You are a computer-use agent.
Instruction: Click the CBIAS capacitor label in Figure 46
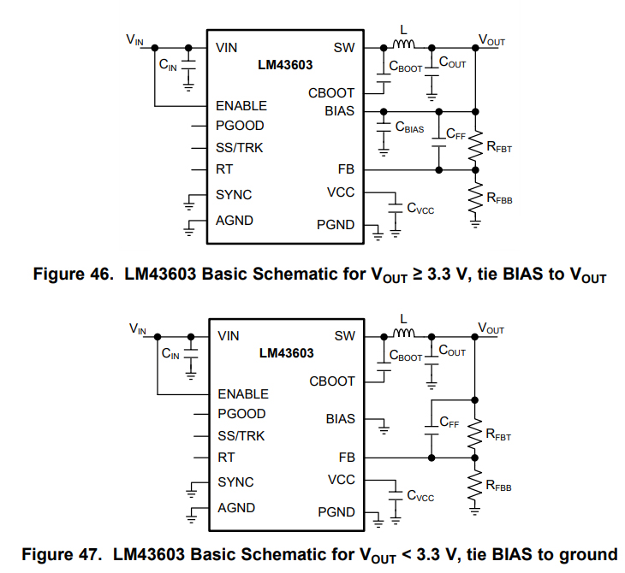[409, 127]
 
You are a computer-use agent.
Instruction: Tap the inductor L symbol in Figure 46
[403, 44]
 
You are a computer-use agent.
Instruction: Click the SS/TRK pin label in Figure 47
[241, 435]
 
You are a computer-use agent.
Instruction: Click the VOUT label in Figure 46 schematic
[491, 39]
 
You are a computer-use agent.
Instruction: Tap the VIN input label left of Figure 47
[138, 328]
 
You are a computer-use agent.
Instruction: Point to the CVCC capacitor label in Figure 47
[420, 496]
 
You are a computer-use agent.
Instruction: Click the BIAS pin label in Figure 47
[340, 420]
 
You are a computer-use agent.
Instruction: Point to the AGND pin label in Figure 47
[236, 507]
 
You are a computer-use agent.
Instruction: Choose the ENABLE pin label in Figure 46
[241, 106]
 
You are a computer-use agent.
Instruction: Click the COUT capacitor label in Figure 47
[452, 351]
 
